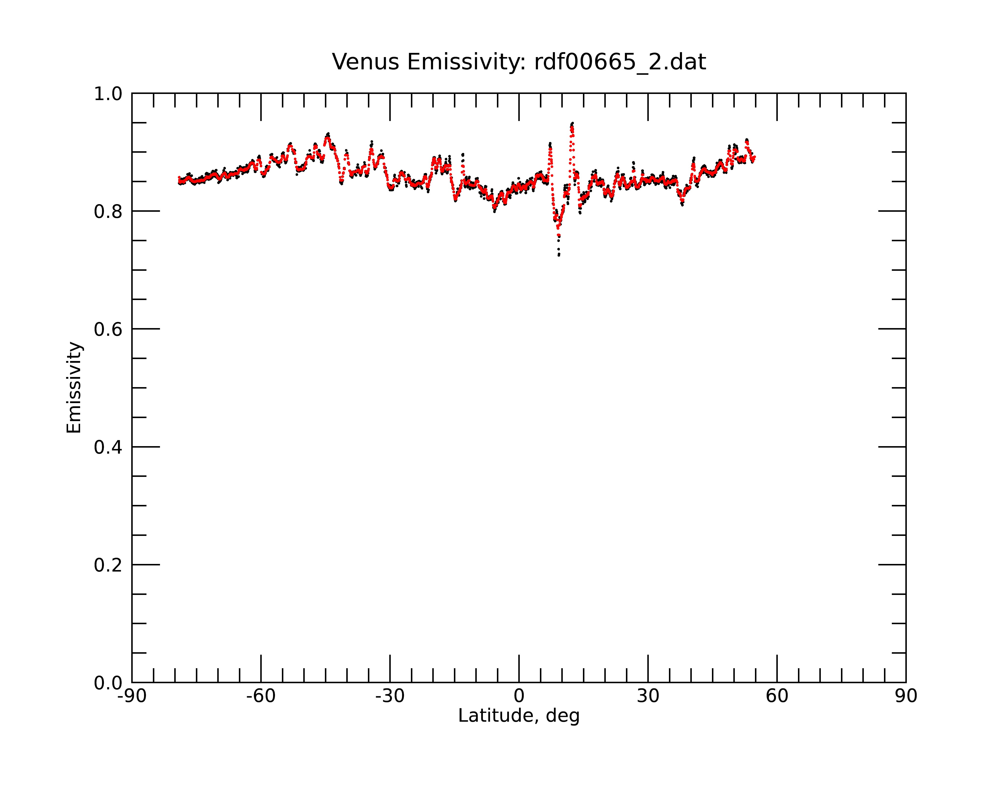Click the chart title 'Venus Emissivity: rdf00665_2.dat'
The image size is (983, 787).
519,62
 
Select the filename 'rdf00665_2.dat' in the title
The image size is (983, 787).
620,62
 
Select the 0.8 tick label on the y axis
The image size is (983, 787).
108,212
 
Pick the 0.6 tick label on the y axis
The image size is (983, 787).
108,329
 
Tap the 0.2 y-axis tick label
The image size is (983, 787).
108,565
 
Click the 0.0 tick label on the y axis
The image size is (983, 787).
108,683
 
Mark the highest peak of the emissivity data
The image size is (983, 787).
572,123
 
